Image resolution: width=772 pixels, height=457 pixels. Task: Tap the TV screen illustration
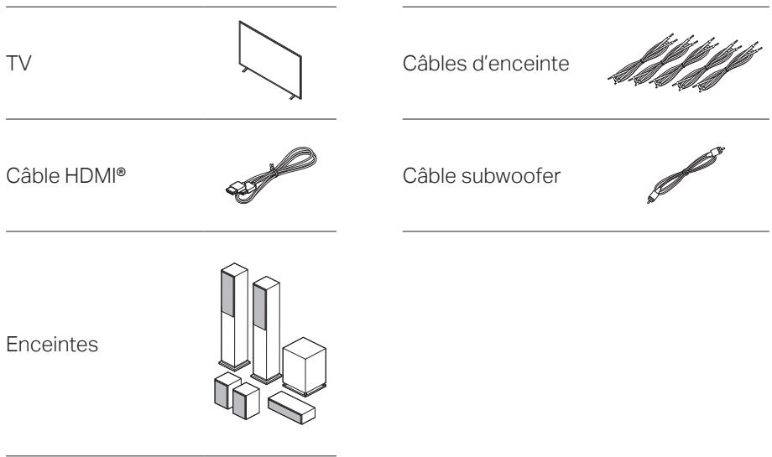[267, 62]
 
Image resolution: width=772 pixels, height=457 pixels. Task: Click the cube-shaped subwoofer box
[304, 365]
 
